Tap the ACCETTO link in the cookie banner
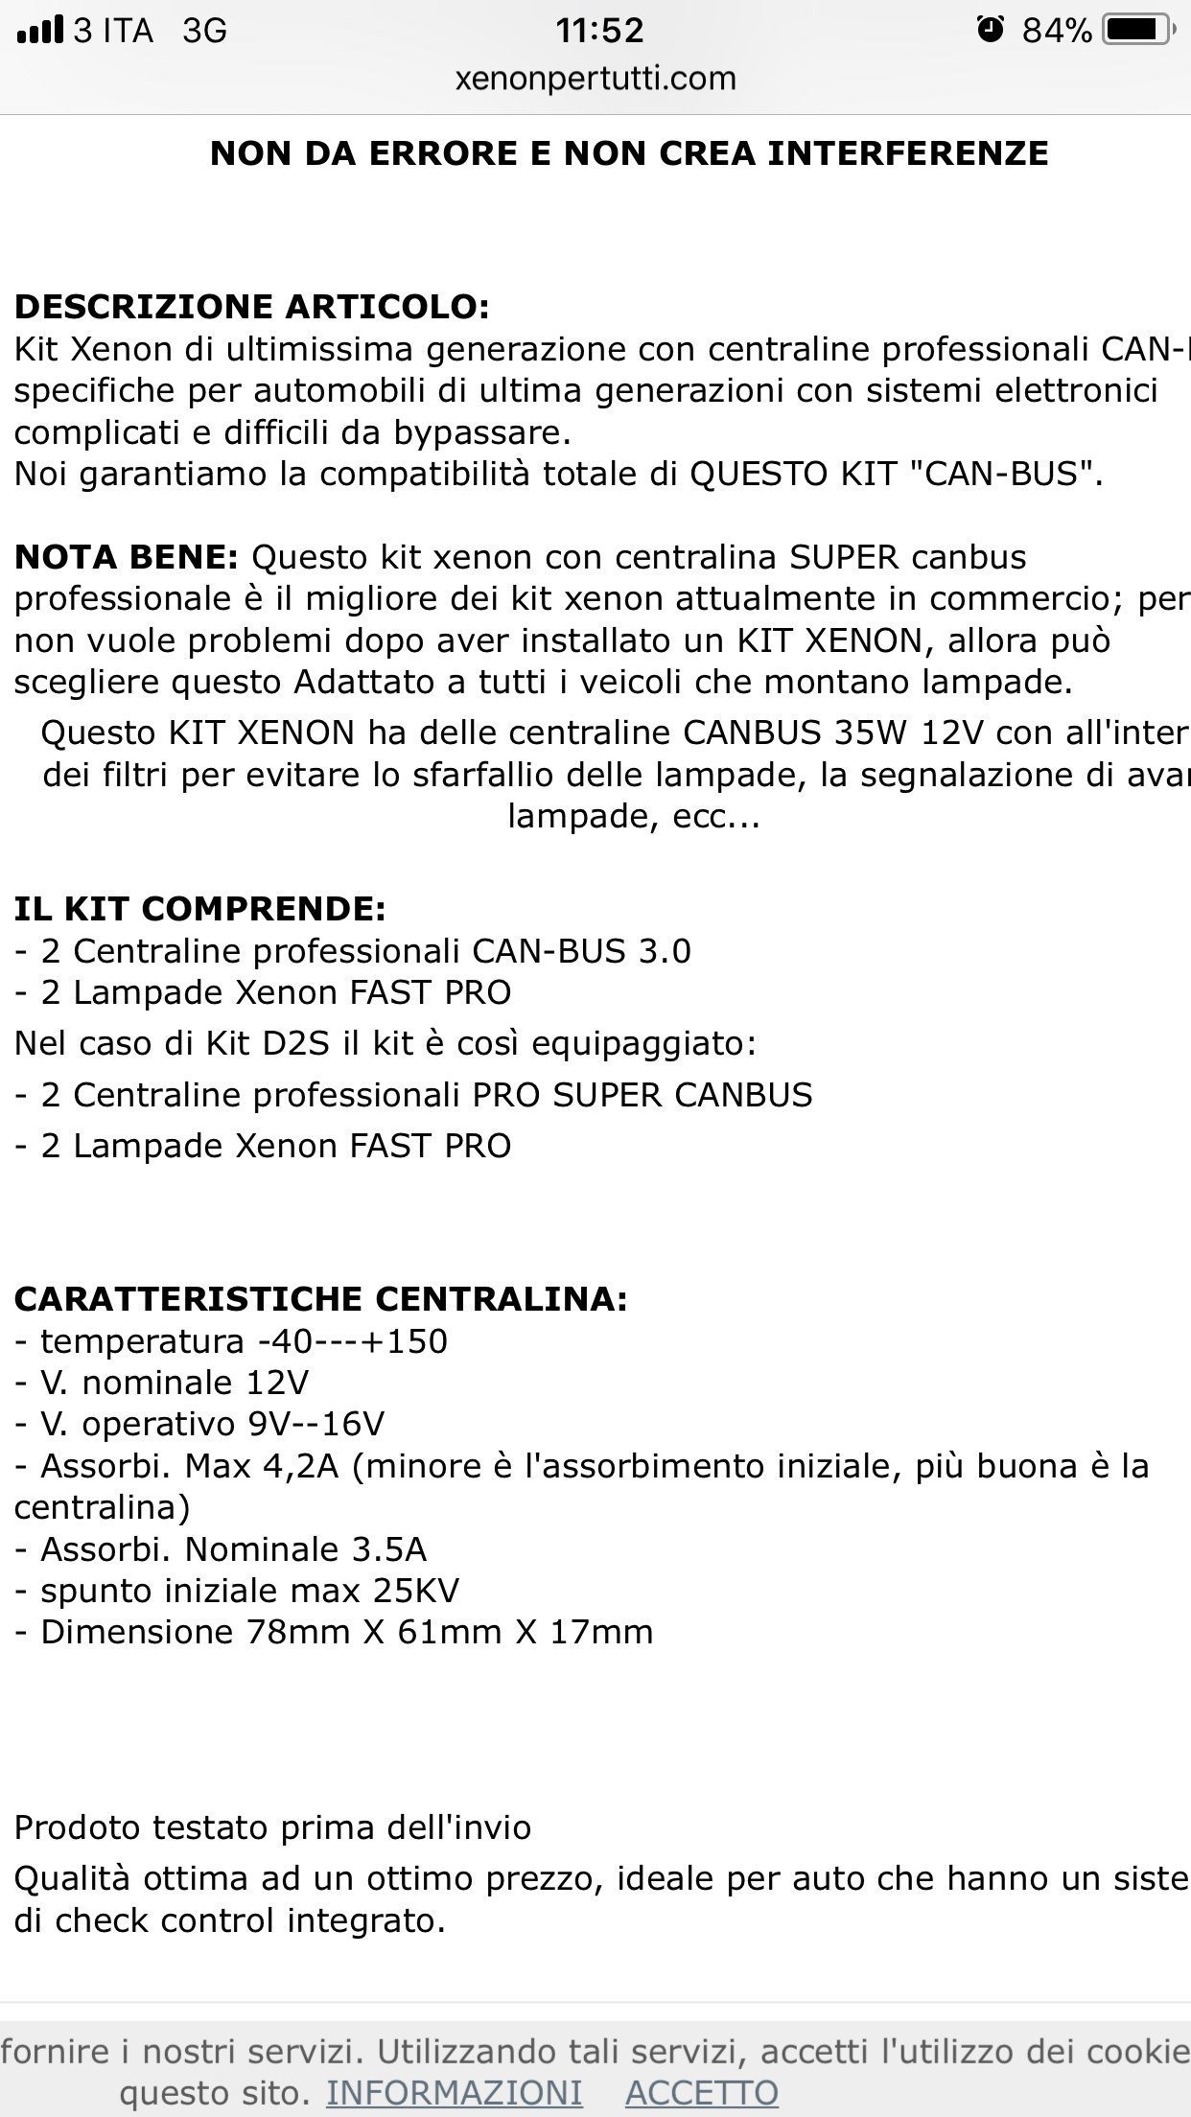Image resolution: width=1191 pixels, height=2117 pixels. (701, 2092)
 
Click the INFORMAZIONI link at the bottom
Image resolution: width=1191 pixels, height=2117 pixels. (454, 2092)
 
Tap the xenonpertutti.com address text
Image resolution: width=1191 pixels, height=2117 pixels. (595, 78)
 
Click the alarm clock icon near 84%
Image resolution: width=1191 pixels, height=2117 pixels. (990, 30)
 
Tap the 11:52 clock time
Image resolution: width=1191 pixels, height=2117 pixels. (600, 31)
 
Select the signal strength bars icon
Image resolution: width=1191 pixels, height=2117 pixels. (40, 31)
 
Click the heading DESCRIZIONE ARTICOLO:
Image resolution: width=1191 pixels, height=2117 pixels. (251, 307)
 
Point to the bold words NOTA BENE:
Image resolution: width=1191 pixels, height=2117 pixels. (126, 557)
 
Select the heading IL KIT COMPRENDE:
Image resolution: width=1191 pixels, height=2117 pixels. (199, 908)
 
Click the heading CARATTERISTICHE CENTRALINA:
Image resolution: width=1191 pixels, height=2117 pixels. (320, 1299)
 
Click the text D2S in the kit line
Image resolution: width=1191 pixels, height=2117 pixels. (290, 1043)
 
